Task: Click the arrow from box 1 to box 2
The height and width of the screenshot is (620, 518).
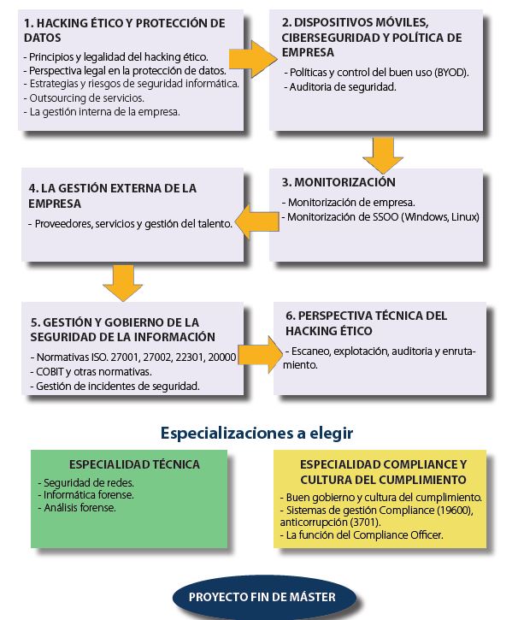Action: click(x=253, y=59)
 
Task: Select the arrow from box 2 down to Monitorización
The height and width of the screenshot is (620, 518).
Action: click(x=383, y=155)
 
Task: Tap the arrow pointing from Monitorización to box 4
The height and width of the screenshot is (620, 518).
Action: click(x=256, y=221)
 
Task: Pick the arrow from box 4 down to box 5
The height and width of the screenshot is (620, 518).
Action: click(x=122, y=283)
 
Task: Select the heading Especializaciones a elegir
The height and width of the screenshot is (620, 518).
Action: click(x=256, y=433)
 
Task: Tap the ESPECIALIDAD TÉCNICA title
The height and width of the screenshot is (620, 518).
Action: click(x=134, y=464)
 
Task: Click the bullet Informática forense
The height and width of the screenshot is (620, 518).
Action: click(x=85, y=495)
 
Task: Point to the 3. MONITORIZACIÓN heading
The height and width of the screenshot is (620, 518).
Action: click(x=338, y=182)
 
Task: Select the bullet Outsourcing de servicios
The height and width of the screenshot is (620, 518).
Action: click(x=84, y=98)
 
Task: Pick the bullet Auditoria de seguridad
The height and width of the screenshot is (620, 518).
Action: click(x=340, y=87)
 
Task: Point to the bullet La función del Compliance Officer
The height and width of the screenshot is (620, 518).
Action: click(x=362, y=535)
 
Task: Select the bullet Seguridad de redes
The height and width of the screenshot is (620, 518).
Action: click(x=85, y=483)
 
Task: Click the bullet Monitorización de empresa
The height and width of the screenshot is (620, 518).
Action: click(x=348, y=203)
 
